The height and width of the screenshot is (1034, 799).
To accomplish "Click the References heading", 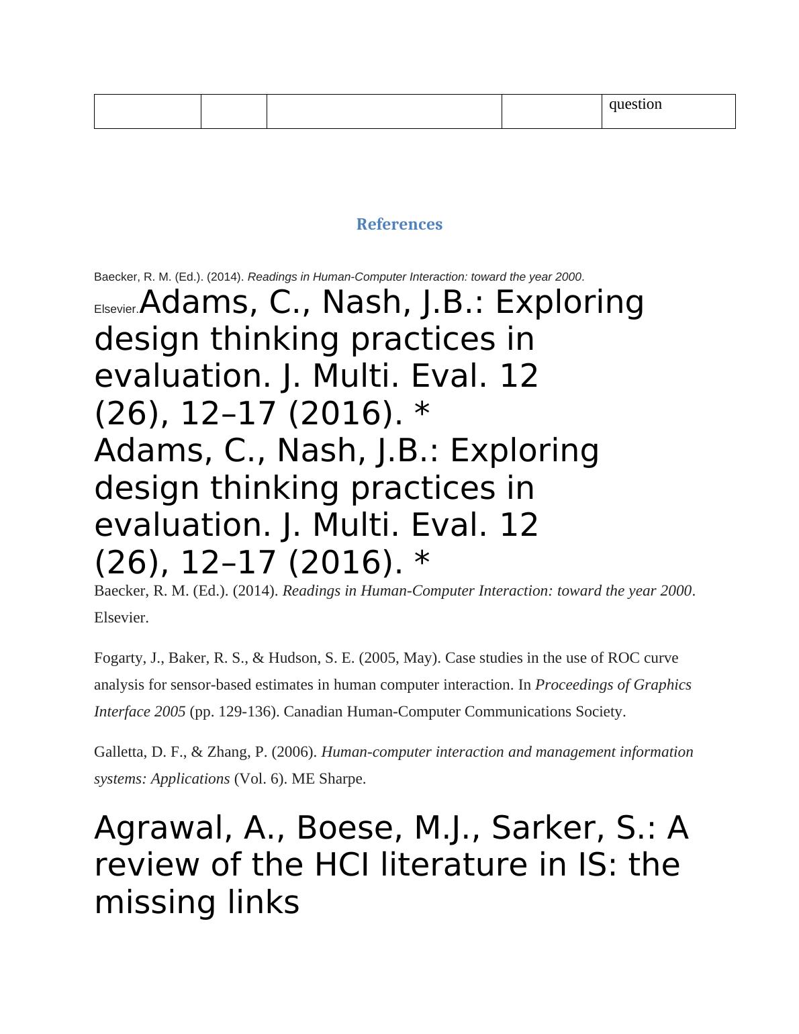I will tap(399, 224).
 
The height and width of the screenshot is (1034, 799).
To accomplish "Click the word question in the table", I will tap(634, 104).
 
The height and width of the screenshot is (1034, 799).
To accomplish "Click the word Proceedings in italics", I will tap(575, 685).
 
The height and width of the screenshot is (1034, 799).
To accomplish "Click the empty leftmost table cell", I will tap(148, 111).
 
